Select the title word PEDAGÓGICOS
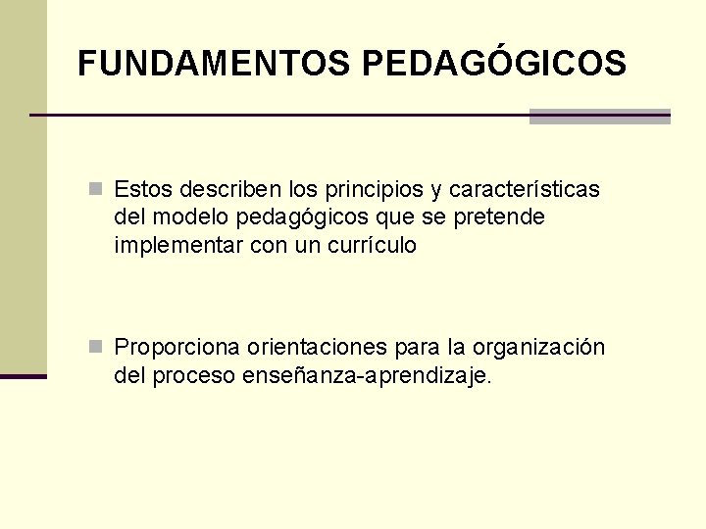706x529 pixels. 493,64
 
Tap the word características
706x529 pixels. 527,188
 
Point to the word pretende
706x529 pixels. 499,216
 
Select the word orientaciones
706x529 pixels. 318,348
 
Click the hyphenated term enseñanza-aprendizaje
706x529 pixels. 367,376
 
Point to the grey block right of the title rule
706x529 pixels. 599,117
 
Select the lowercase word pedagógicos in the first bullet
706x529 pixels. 301,216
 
